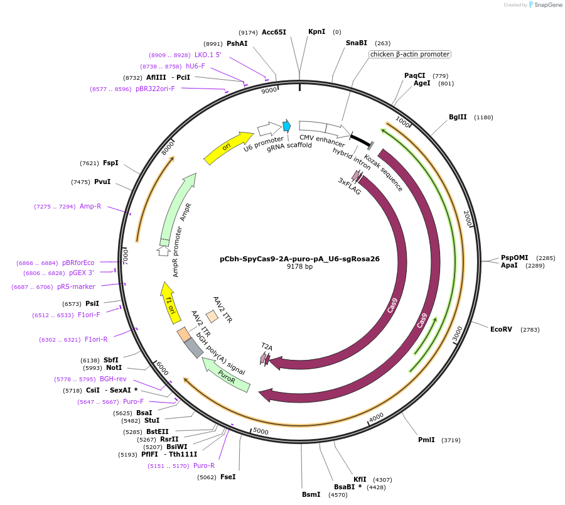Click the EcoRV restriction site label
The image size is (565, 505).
(x=501, y=329)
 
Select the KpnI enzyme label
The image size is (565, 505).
(x=316, y=31)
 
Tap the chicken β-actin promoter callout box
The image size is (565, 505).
(x=409, y=54)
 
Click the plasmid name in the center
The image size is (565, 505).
(x=299, y=258)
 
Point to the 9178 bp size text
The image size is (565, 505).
(x=299, y=267)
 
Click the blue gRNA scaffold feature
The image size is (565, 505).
(x=287, y=126)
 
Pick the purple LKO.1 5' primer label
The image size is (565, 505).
(x=208, y=55)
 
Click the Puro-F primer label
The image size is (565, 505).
(x=133, y=401)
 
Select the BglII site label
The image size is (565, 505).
(x=458, y=117)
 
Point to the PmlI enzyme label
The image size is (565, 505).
(x=426, y=440)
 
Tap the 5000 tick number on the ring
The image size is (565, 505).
(x=261, y=432)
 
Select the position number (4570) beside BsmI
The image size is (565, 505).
(x=338, y=495)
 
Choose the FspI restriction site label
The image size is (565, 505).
(x=110, y=163)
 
